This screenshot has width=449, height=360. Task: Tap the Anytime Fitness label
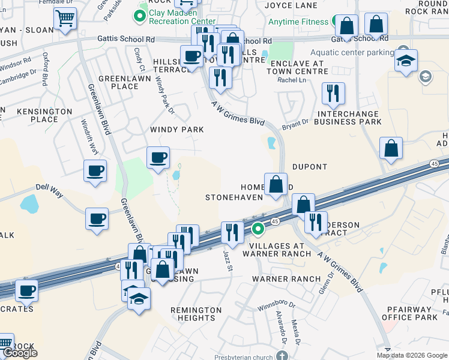tap(299, 22)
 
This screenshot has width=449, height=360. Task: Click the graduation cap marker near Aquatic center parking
tap(406, 61)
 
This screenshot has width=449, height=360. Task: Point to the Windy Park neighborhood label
tap(177, 130)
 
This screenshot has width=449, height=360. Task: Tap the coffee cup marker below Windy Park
tap(158, 158)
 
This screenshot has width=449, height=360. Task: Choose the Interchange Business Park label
tap(349, 118)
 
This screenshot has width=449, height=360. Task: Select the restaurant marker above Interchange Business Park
tap(333, 94)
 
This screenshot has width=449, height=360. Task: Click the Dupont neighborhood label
tap(310, 167)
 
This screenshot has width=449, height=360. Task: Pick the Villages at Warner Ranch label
tap(281, 250)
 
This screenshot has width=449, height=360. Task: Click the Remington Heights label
tap(196, 314)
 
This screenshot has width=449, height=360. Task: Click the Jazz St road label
tap(228, 262)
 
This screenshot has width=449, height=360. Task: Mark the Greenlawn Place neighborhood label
tap(118, 82)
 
